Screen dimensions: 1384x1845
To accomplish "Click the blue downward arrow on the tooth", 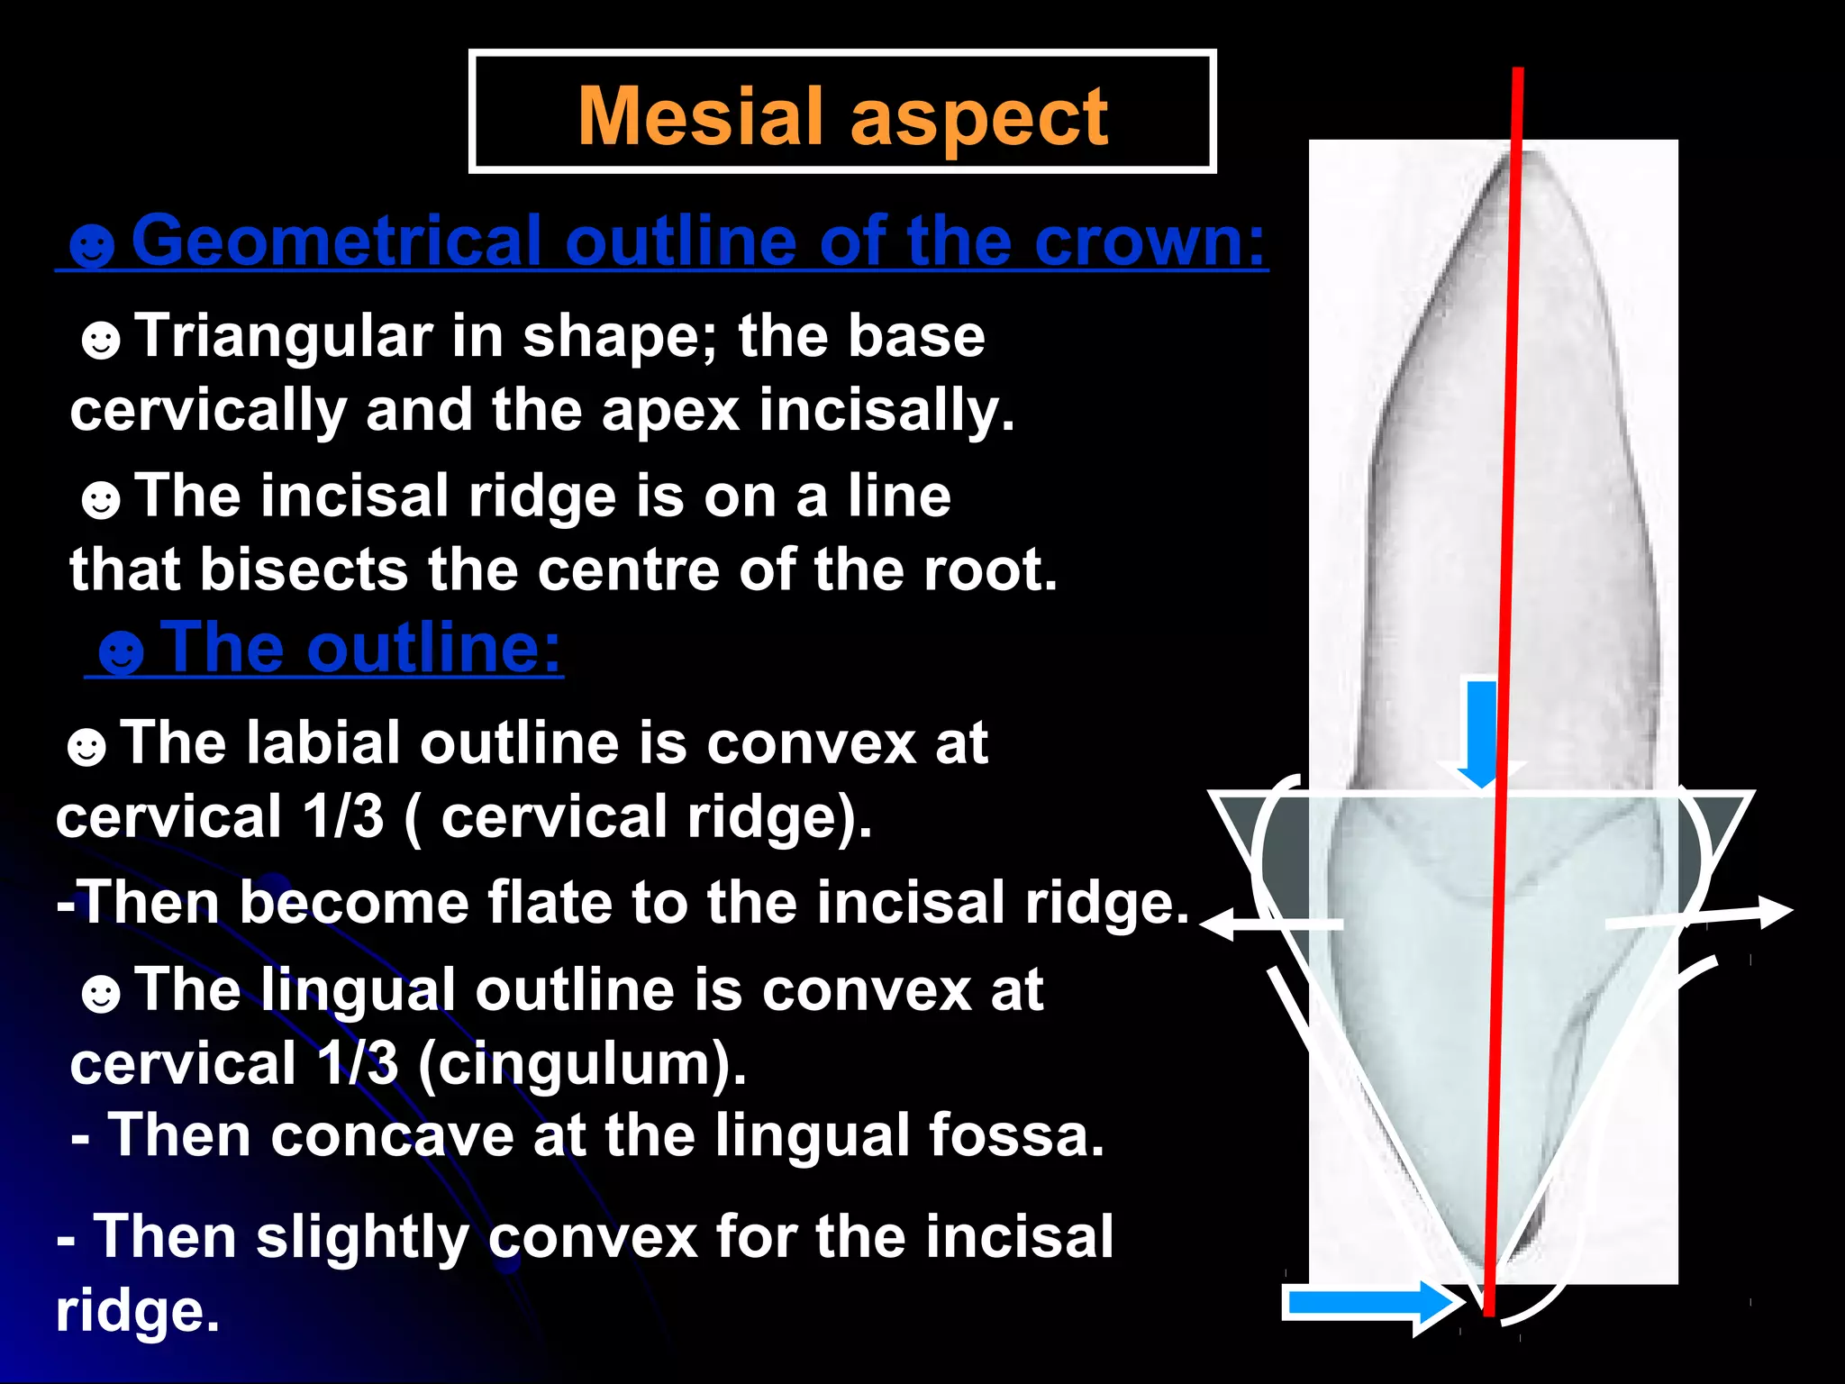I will (x=1481, y=734).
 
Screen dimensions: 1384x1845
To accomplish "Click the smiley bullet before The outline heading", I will (x=121, y=651).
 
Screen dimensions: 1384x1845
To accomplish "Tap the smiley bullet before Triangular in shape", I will (x=101, y=341).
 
